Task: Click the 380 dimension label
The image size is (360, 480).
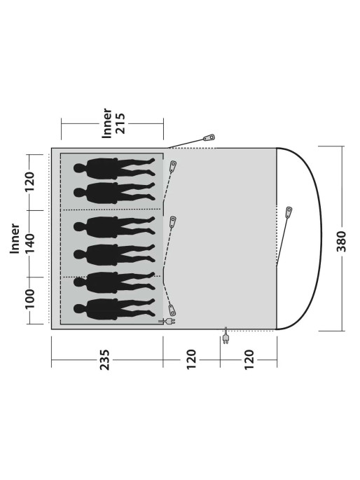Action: click(x=341, y=242)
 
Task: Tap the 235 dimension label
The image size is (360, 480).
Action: click(x=105, y=359)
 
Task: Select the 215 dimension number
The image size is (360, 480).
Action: click(x=120, y=123)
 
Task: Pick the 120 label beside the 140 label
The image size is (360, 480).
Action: click(x=30, y=181)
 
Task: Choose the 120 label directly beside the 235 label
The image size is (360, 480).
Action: click(x=191, y=359)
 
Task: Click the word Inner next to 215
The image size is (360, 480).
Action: click(x=107, y=123)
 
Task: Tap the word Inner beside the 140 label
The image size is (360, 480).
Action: click(x=15, y=238)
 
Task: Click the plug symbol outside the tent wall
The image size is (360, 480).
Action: click(x=226, y=336)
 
